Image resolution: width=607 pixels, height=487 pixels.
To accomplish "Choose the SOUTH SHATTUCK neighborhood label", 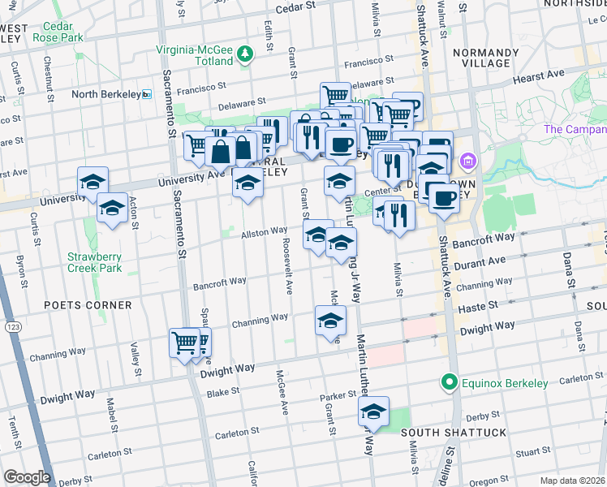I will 454,433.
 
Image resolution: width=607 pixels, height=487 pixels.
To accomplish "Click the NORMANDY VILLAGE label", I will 480,57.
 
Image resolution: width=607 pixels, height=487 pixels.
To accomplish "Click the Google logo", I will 27,477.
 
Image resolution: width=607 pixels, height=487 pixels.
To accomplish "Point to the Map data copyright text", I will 572,481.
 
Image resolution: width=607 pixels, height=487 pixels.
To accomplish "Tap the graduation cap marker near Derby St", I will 374,412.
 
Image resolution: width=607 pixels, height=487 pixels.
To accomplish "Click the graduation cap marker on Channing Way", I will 330,321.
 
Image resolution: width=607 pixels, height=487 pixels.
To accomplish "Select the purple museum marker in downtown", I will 467,162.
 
